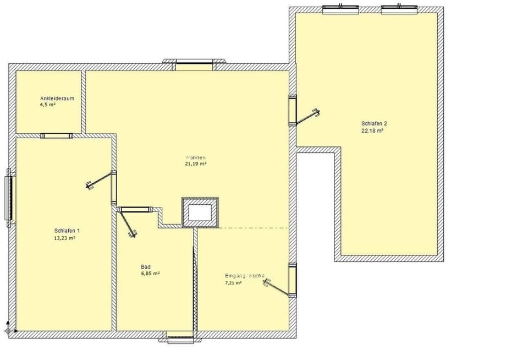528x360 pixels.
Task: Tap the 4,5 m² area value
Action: pos(48,104)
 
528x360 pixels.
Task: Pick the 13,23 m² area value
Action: pos(64,238)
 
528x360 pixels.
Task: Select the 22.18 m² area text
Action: pos(372,131)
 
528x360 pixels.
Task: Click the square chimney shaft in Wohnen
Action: pos(200,212)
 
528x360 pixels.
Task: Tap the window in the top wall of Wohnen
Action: pos(194,64)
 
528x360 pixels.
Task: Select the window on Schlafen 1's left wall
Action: pos(9,198)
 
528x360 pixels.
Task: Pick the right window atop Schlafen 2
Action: pos(398,8)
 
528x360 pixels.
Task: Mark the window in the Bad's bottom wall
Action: pos(180,339)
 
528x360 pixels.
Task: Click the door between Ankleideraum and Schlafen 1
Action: pos(57,135)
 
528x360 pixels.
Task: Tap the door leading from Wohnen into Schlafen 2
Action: pos(293,111)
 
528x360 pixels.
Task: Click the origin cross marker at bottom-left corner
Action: pos(8,330)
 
